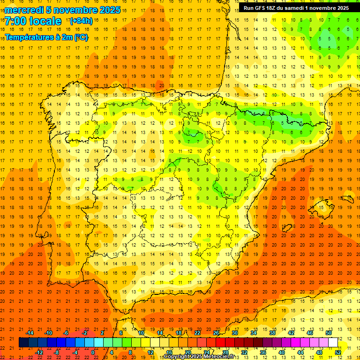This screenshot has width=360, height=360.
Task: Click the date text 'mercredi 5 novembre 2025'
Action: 63,10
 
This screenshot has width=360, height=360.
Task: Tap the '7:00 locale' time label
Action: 33,21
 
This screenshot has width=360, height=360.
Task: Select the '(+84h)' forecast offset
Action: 81,21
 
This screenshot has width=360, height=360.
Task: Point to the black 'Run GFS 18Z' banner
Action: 295,8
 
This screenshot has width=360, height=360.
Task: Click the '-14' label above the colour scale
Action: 30,333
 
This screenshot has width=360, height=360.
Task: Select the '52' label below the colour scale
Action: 337,352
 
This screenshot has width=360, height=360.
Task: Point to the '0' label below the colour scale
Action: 93,352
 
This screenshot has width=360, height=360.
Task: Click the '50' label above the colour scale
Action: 328,333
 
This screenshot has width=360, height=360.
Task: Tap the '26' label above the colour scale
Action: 216,333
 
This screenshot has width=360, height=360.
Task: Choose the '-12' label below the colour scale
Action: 39,352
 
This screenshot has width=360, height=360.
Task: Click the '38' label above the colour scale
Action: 272,333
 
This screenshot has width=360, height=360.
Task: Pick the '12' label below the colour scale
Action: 150,352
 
